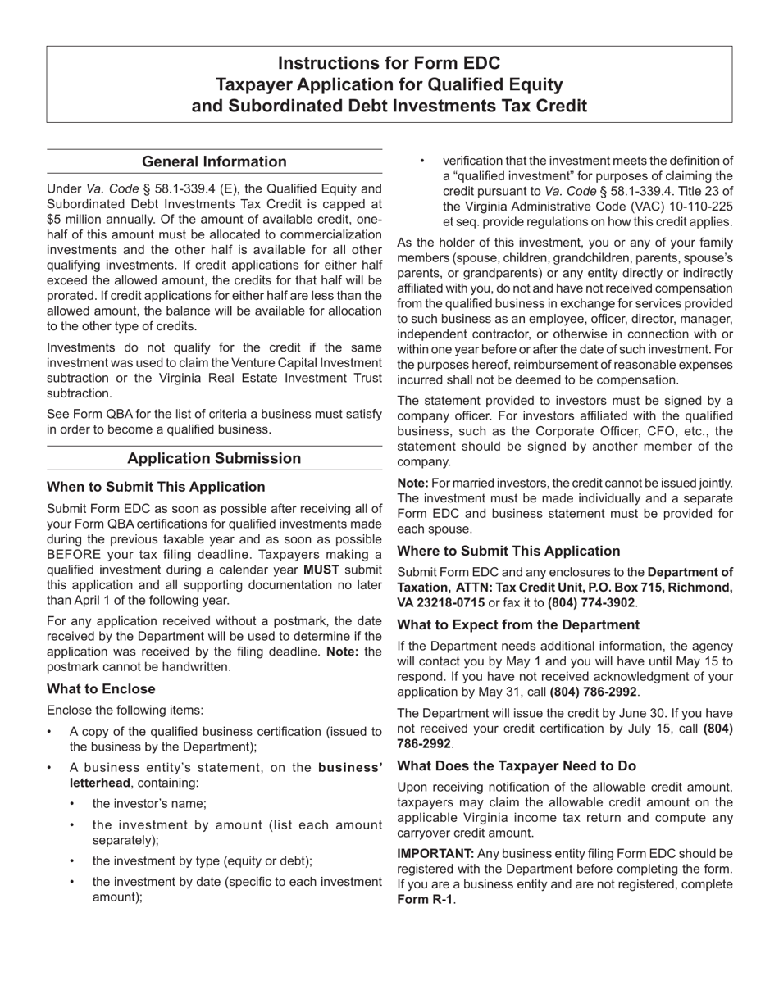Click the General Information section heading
(x=214, y=161)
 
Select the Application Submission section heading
(x=214, y=458)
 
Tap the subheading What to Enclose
(x=101, y=688)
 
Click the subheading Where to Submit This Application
(x=508, y=551)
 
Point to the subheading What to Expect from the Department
(x=518, y=624)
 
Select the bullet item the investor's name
(x=149, y=804)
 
